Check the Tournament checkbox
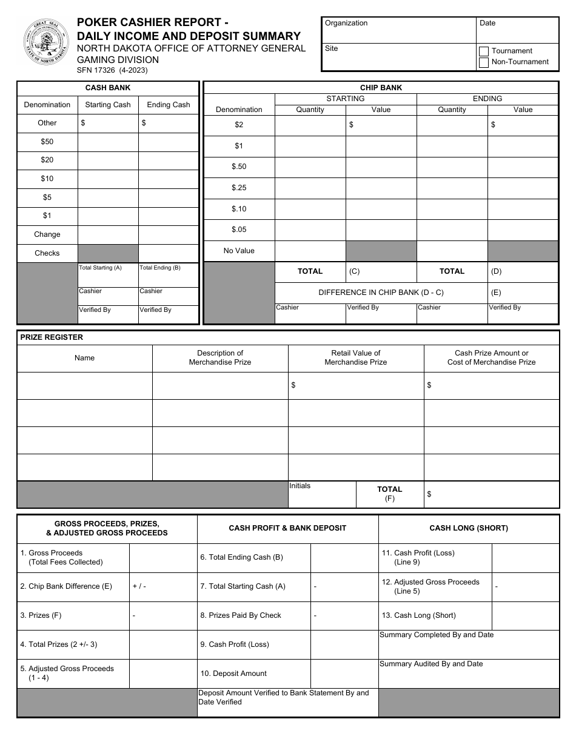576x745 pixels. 484,51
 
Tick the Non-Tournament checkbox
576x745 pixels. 484,62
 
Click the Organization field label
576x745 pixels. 346,23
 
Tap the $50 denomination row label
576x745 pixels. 47,142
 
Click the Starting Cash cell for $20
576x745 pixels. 108,161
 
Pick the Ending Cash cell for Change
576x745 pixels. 169,235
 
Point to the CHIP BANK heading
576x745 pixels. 381,88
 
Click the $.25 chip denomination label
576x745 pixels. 239,188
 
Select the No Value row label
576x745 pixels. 239,251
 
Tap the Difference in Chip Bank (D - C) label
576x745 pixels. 381,293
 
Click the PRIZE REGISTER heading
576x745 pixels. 52,337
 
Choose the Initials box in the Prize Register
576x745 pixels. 321,494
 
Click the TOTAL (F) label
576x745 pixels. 389,494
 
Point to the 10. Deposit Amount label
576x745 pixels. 233,674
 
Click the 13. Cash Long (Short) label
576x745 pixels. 418,615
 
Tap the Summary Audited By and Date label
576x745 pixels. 431,664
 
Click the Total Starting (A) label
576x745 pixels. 101,268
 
